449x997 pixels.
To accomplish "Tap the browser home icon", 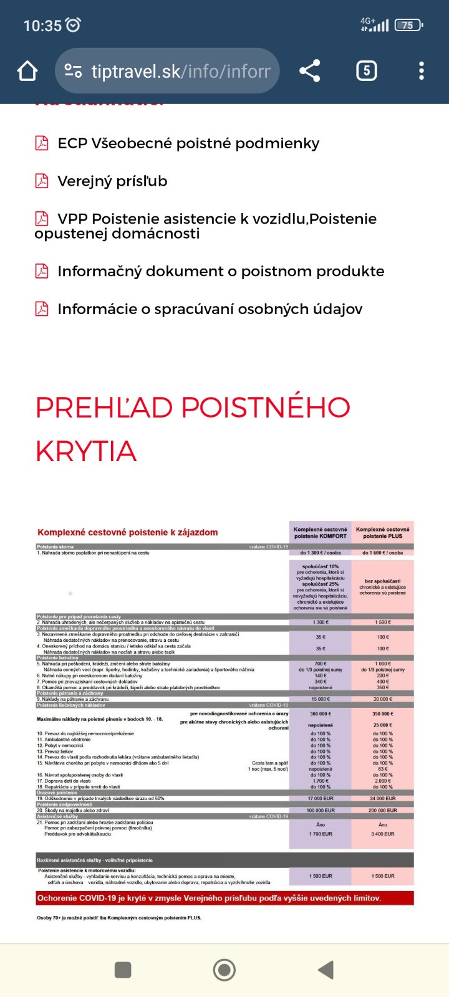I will click(x=27, y=71).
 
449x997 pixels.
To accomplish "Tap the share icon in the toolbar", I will click(x=310, y=71).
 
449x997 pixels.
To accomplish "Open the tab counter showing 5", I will click(x=366, y=71).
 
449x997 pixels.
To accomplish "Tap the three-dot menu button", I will click(x=422, y=71).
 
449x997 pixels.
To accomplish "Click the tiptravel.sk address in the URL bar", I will click(x=181, y=71).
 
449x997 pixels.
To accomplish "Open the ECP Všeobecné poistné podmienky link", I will click(x=188, y=143).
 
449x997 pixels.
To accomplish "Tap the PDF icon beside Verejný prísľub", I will click(x=42, y=181).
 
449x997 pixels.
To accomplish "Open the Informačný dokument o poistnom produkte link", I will click(x=220, y=272).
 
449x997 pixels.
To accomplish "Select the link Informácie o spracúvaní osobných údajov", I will click(x=210, y=310).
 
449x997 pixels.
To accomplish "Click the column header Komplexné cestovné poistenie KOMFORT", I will click(x=321, y=533).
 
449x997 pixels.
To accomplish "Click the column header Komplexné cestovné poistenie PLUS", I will click(x=383, y=533).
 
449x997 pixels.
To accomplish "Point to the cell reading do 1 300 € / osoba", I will click(x=321, y=553).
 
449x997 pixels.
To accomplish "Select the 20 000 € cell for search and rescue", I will click(x=383, y=699).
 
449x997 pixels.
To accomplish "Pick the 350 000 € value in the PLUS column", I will click(x=383, y=714).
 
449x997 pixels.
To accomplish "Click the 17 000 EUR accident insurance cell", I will click(x=321, y=798).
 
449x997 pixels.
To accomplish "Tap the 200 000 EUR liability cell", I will click(x=383, y=811).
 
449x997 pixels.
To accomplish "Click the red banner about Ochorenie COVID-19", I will click(x=224, y=898).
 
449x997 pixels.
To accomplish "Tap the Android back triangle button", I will click(x=326, y=970).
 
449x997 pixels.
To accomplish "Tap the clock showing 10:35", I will click(x=42, y=26).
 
